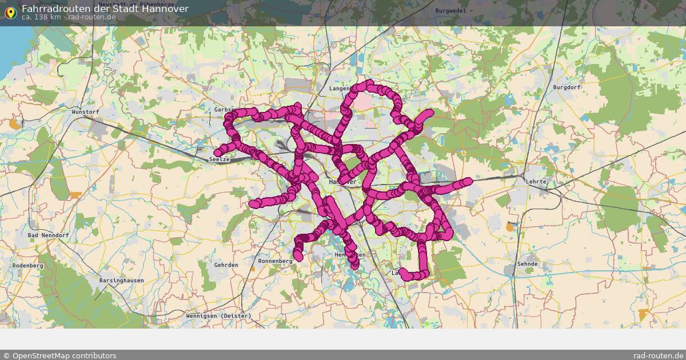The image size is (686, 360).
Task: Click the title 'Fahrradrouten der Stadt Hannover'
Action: (105, 9)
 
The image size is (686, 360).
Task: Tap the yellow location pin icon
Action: (10, 11)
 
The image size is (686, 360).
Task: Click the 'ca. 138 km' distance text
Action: (41, 17)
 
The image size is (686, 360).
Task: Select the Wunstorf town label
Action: (85, 112)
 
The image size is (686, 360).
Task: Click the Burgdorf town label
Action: (567, 87)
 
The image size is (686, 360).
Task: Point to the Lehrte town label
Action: (537, 182)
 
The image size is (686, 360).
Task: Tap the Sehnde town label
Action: (527, 264)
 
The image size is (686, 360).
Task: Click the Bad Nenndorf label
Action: (49, 235)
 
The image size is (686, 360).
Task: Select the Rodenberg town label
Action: (28, 266)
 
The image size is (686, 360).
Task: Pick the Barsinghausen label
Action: (121, 281)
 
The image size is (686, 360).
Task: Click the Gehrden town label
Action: (226, 265)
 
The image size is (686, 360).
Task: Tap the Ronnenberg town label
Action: (275, 261)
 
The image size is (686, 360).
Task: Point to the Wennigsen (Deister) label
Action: (218, 316)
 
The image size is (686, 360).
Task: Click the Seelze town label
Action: (220, 159)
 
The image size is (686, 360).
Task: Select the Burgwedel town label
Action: (450, 11)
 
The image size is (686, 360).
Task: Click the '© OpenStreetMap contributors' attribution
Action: (59, 355)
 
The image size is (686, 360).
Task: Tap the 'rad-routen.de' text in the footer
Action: (659, 355)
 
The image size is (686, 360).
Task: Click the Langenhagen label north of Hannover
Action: (339, 89)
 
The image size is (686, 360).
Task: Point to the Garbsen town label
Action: (224, 109)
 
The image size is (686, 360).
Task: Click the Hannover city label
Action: (342, 182)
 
